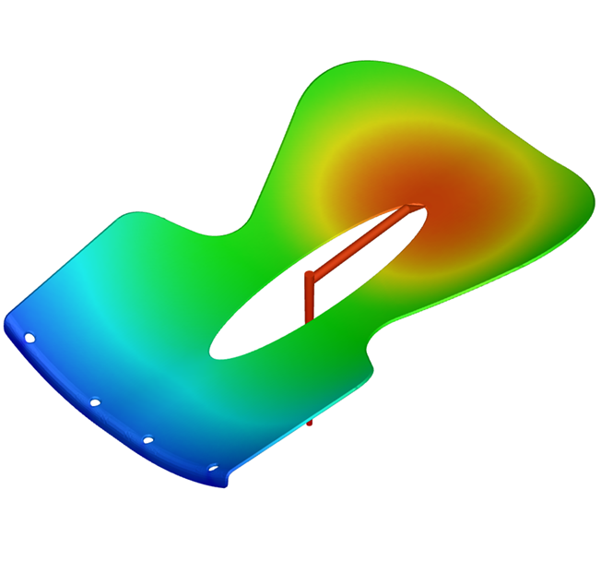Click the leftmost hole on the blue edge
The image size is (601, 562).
(x=29, y=338)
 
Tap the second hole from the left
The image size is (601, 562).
(x=95, y=401)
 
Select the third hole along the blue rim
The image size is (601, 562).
(x=147, y=439)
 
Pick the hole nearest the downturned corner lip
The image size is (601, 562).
(x=213, y=467)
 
